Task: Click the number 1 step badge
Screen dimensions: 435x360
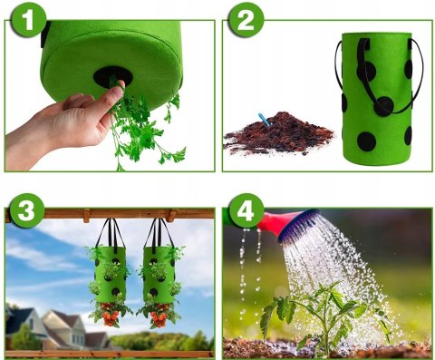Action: pyautogui.click(x=29, y=20)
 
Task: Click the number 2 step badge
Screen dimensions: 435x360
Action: pyautogui.click(x=246, y=20)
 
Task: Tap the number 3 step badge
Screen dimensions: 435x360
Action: pyautogui.click(x=27, y=210)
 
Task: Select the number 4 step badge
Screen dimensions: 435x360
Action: pyautogui.click(x=246, y=210)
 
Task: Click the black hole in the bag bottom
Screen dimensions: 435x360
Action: pyautogui.click(x=112, y=77)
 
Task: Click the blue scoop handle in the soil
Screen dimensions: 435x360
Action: pyautogui.click(x=264, y=119)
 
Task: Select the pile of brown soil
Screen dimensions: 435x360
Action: pyautogui.click(x=278, y=132)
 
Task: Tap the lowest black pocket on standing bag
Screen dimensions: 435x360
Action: pyautogui.click(x=366, y=141)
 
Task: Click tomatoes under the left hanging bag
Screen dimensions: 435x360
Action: pyautogui.click(x=111, y=315)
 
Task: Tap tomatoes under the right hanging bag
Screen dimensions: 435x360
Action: pyautogui.click(x=159, y=316)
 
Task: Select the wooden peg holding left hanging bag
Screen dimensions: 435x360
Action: pyautogui.click(x=87, y=215)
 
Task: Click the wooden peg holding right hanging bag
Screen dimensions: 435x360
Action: pyautogui.click(x=172, y=215)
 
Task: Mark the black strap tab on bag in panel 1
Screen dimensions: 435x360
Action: pyautogui.click(x=45, y=34)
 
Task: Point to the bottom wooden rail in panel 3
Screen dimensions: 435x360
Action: pyautogui.click(x=110, y=354)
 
